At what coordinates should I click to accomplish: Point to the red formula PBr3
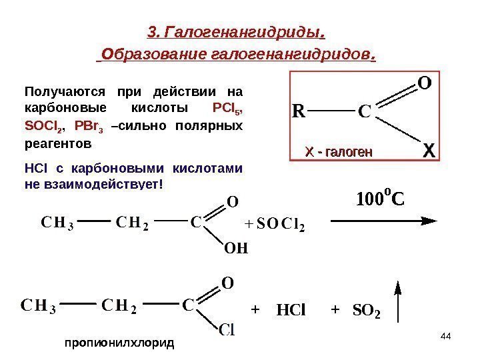click(x=89, y=125)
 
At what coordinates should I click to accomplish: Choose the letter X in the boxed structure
click(x=429, y=153)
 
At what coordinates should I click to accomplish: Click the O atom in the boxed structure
click(x=423, y=83)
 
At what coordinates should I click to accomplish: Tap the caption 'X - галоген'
click(x=338, y=153)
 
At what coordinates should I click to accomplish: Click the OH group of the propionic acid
click(x=235, y=249)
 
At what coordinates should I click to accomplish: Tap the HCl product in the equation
click(x=290, y=310)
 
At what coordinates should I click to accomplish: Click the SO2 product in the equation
click(x=366, y=310)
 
